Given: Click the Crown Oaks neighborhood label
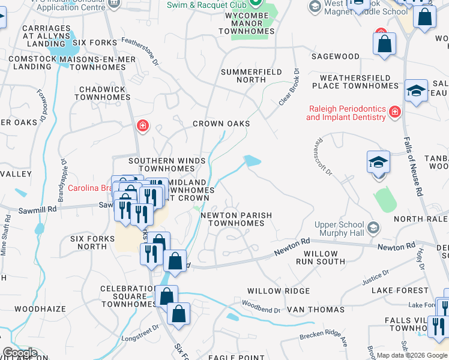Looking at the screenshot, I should coord(221,124).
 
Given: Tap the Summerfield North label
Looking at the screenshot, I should coord(252,76).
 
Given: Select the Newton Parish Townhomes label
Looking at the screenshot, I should coord(236,219).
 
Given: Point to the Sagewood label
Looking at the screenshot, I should coord(335,56).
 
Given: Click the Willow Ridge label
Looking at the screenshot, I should coord(279,291).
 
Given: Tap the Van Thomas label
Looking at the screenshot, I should coord(316,310).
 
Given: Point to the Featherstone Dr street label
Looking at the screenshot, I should coord(140,50).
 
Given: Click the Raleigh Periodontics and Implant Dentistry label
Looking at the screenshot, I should coord(346,113).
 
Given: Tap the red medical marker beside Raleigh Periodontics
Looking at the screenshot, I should coord(395,112).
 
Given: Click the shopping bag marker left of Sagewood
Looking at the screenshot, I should coord(384,43).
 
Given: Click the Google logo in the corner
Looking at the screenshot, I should coord(20,353).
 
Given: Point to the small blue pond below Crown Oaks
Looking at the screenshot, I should coord(252,161).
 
